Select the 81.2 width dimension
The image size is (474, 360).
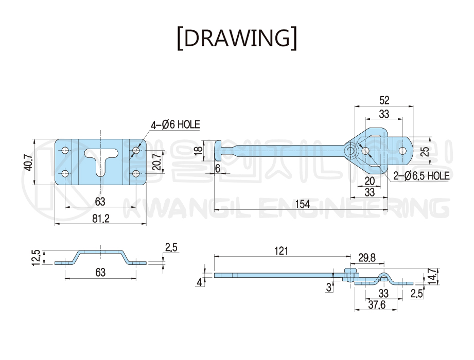[101, 219]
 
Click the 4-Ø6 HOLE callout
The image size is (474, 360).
[175, 124]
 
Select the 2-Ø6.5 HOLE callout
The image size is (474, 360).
[421, 176]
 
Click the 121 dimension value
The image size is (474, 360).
[281, 251]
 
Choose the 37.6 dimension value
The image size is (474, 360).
[376, 305]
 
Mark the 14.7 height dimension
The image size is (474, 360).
[432, 276]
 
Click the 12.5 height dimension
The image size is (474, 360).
[35, 256]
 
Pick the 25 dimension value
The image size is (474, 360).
[424, 151]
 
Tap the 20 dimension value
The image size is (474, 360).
[369, 181]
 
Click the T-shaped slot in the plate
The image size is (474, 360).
[101, 159]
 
